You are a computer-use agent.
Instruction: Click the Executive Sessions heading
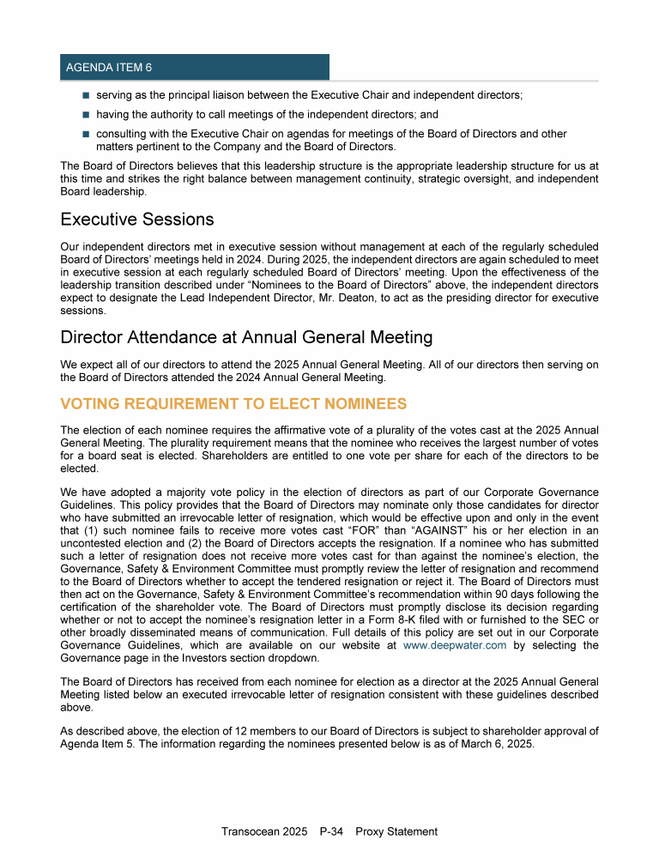click(136, 220)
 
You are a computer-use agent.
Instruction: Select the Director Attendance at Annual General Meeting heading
click(246, 337)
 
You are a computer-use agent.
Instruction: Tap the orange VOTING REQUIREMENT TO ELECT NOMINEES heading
click(233, 403)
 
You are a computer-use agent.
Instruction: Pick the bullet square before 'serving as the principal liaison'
click(86, 96)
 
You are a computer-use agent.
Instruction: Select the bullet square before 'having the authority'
click(86, 114)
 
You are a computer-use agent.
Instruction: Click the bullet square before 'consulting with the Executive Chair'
click(86, 134)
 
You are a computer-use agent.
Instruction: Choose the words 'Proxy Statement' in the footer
click(396, 831)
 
